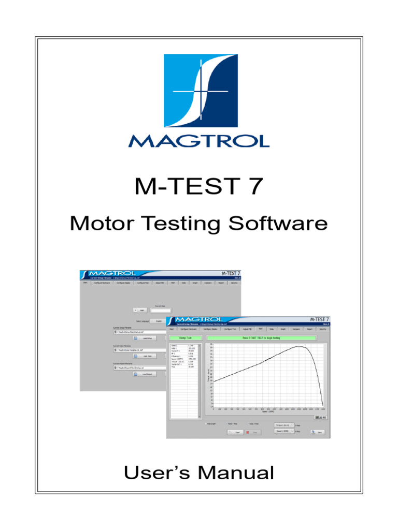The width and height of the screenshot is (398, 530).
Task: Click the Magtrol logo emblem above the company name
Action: [x=198, y=91]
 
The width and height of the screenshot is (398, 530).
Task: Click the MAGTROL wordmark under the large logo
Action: [x=198, y=140]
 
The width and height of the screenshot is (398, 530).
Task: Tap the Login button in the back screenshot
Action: [x=141, y=310]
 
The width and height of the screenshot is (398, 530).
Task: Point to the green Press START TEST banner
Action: [x=267, y=337]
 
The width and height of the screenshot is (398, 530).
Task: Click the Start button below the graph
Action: [x=236, y=432]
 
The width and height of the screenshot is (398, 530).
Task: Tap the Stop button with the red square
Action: [x=252, y=432]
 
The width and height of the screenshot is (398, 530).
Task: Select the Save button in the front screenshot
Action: [x=317, y=432]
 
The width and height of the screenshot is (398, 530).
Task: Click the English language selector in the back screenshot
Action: [x=159, y=321]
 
